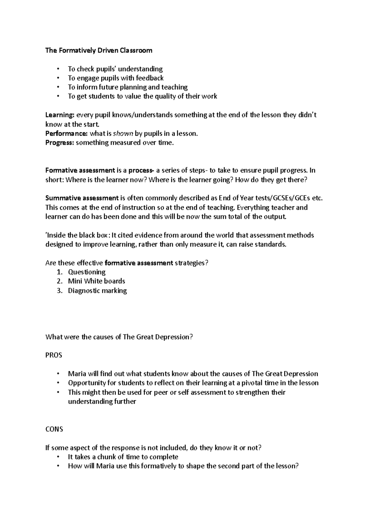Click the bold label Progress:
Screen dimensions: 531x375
(60, 143)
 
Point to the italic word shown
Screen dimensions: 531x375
(123, 134)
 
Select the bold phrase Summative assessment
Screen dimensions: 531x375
(82, 198)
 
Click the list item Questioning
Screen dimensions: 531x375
(87, 272)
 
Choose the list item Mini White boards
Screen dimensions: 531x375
(96, 281)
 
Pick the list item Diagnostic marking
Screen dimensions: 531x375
(97, 291)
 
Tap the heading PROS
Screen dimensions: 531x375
(54, 355)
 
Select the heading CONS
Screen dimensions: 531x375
(54, 429)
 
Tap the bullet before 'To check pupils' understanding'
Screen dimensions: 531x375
(58, 69)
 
